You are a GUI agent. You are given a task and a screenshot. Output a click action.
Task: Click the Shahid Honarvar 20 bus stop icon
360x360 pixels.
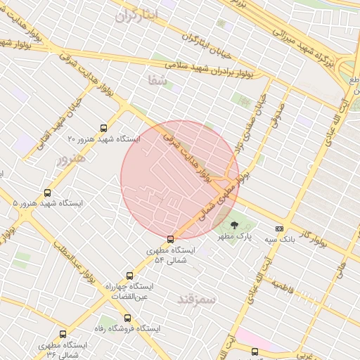tap(105, 128)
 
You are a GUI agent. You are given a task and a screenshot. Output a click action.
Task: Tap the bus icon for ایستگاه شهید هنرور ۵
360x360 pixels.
tap(48, 193)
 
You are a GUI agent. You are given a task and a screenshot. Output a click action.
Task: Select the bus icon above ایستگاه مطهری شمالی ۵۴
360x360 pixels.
tap(170, 239)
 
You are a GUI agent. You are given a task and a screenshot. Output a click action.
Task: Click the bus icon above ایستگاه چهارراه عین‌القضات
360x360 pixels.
tap(129, 276)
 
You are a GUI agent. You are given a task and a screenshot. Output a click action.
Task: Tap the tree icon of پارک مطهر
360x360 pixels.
tap(234, 226)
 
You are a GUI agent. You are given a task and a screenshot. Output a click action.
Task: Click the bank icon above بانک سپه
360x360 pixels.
tap(279, 229)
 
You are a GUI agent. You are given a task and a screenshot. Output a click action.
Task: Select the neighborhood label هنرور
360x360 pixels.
tap(71, 157)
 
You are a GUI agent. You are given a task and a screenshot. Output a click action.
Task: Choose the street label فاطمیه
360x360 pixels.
tap(282, 286)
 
